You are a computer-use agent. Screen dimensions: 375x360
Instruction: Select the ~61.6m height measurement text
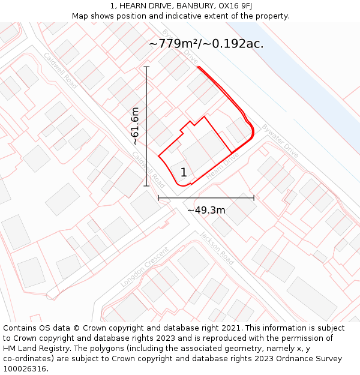(136, 126)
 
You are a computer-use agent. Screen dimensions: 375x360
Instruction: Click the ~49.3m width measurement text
(206, 210)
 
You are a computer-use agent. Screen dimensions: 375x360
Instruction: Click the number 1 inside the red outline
(184, 173)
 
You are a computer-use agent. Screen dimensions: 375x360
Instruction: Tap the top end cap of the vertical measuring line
(147, 67)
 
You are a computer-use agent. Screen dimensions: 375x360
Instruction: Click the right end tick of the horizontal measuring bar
(254, 197)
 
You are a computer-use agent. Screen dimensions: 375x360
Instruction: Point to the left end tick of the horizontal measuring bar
(158, 197)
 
